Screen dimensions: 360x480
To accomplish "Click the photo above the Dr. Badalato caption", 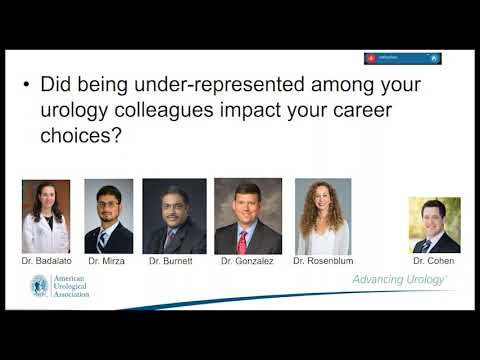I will [x=46, y=216].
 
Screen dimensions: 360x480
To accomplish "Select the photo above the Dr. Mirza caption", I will [x=108, y=216].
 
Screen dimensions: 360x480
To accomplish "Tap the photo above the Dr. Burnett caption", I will [x=174, y=216].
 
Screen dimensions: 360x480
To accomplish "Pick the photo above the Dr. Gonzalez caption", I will [x=247, y=216].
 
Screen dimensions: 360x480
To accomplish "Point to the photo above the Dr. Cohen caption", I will [x=434, y=224].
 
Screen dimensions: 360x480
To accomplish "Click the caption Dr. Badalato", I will [x=46, y=260].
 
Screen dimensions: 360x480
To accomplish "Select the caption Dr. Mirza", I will [x=108, y=260].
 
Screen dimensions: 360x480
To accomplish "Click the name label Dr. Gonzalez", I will [x=247, y=260].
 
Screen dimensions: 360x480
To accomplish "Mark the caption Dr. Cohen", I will [x=434, y=260].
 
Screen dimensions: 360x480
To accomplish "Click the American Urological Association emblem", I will [x=40, y=287].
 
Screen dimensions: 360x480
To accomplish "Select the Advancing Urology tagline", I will [x=399, y=280].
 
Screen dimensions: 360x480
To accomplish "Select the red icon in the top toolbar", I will [x=372, y=58].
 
